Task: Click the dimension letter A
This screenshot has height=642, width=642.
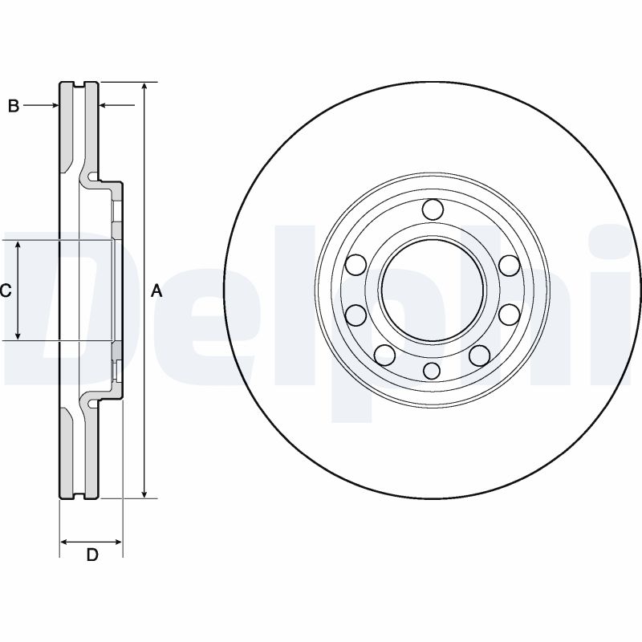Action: click(157, 291)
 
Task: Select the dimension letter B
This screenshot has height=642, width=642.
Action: click(13, 106)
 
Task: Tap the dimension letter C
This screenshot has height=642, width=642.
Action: click(5, 291)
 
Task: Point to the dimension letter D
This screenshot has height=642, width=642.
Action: click(91, 555)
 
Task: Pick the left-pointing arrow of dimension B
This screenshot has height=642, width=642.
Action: click(104, 105)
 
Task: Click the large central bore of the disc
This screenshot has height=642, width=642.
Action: click(432, 290)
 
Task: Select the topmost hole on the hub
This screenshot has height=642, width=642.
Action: click(432, 209)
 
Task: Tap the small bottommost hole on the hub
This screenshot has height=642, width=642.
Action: click(432, 370)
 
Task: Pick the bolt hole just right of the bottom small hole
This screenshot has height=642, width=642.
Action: click(479, 356)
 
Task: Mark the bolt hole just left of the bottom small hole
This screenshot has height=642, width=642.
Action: click(385, 355)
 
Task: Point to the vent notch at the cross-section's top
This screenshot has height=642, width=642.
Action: click(79, 83)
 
